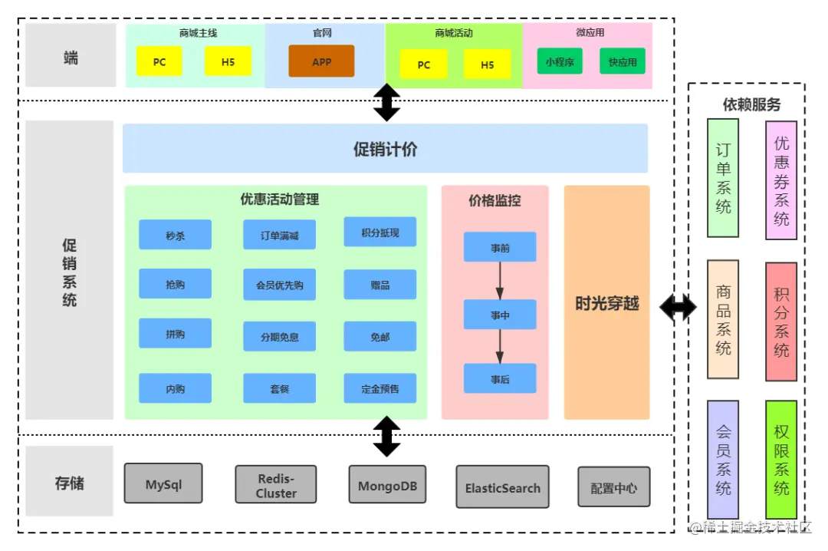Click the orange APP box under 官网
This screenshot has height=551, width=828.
point(321,61)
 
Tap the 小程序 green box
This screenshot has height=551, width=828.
point(560,61)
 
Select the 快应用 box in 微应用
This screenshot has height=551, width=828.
point(623,61)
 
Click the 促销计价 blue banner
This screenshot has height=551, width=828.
point(385,149)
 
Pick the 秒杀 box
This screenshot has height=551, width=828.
point(175,235)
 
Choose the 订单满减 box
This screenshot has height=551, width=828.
point(279,235)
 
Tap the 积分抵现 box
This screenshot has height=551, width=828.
point(380,232)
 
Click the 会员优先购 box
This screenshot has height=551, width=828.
point(279,285)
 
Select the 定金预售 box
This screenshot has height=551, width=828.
point(380,388)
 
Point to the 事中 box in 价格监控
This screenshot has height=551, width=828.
point(500,315)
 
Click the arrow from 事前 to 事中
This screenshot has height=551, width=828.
point(500,281)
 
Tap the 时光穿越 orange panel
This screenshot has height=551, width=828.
point(606,303)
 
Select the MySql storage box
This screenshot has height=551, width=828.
point(163,483)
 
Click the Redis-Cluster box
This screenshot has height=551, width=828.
point(276,485)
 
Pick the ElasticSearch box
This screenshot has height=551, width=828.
point(502,487)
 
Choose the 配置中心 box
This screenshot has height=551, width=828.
point(613,487)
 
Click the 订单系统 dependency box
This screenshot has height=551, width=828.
point(723,178)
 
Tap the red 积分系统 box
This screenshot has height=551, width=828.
point(781,322)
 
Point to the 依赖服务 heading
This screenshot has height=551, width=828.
point(751,104)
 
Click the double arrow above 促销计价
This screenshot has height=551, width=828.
point(386,103)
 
